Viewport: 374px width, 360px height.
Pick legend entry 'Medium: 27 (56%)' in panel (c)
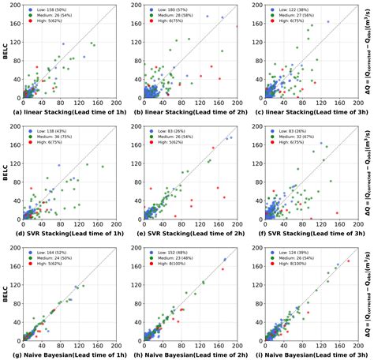(297, 17)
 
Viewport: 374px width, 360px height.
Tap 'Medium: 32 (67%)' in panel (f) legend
(297, 137)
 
